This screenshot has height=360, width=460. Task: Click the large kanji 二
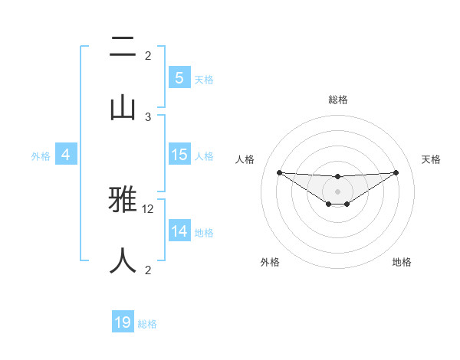click(123, 50)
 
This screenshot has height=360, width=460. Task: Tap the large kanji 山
click(123, 107)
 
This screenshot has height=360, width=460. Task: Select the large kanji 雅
click(123, 202)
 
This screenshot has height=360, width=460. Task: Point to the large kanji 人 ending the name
click(123, 260)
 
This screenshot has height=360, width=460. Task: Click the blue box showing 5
click(179, 78)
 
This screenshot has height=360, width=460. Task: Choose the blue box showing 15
click(179, 155)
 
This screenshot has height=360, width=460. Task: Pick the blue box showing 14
click(179, 231)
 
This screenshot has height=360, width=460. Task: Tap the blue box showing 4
click(65, 155)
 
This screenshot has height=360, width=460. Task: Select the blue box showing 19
click(123, 322)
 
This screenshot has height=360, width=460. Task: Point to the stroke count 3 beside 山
click(148, 116)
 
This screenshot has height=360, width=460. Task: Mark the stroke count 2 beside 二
click(148, 55)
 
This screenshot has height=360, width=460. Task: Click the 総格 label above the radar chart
click(337, 100)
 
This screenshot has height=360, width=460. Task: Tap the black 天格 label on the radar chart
click(431, 159)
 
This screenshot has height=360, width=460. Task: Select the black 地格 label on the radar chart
click(402, 262)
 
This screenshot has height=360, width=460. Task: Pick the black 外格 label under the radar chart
click(270, 262)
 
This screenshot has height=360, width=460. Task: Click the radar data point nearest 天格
click(396, 172)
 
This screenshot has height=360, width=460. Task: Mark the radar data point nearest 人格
click(279, 172)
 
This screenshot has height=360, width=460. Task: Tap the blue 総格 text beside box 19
click(147, 324)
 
